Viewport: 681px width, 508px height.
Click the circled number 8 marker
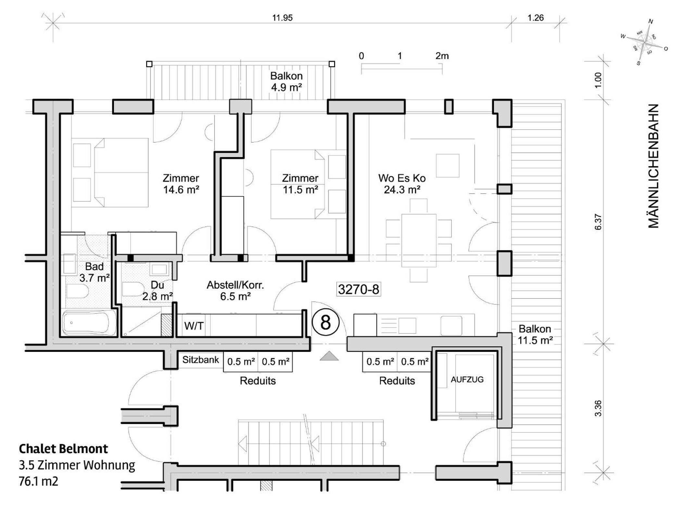point(325,323)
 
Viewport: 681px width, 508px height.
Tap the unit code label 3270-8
point(359,289)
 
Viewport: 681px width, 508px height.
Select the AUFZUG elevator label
point(467,379)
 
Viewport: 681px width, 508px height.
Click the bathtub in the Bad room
point(89,323)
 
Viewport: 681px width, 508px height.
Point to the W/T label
point(194,326)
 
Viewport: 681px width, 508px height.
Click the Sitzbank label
point(201,360)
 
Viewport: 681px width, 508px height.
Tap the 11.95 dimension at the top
point(282,18)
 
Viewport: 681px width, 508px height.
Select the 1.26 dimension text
point(536,18)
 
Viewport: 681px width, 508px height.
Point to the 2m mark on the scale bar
point(442,56)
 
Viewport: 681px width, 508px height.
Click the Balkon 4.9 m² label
point(286,82)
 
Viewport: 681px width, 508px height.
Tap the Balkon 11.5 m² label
point(535,335)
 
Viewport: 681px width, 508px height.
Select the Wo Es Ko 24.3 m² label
point(402,184)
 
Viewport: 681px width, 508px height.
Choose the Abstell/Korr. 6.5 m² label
point(235,291)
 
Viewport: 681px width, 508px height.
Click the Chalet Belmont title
point(63,449)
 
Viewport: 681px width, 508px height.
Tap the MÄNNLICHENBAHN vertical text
point(653,166)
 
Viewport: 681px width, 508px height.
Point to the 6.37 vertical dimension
point(598,222)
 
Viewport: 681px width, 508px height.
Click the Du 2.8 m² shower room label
point(158,291)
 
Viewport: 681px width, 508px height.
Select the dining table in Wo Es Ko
point(419,240)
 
